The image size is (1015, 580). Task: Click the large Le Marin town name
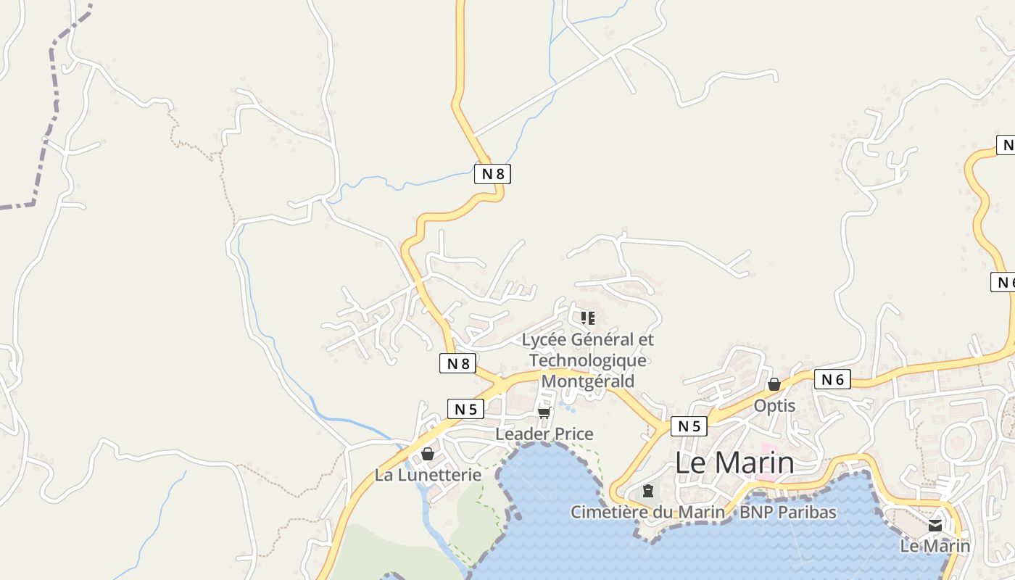[x=734, y=463]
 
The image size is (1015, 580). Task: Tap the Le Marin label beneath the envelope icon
[x=935, y=546]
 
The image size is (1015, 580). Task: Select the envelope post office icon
[x=935, y=526]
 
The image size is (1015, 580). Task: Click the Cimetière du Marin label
[x=647, y=512]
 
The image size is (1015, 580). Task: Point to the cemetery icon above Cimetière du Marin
[x=647, y=492]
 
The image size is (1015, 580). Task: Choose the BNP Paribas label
[x=787, y=512]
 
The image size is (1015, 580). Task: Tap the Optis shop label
[x=774, y=405]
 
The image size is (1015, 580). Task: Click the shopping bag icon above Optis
[x=774, y=384]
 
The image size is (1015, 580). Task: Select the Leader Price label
[x=544, y=434]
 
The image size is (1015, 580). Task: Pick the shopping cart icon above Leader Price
[x=544, y=413]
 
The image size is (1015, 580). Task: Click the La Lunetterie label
[x=428, y=475]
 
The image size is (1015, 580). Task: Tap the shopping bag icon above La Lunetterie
[x=428, y=454]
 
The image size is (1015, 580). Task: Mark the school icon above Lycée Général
[x=587, y=318]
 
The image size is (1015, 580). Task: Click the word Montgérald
[x=588, y=381]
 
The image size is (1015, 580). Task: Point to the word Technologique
[x=588, y=360]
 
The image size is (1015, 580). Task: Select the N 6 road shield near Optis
[x=832, y=379]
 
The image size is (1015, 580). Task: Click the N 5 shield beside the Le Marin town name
[x=688, y=426]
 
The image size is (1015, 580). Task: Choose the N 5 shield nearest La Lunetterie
[x=465, y=409]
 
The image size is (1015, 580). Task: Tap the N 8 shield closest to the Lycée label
[x=458, y=363]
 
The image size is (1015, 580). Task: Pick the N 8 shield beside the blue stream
[x=492, y=173]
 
